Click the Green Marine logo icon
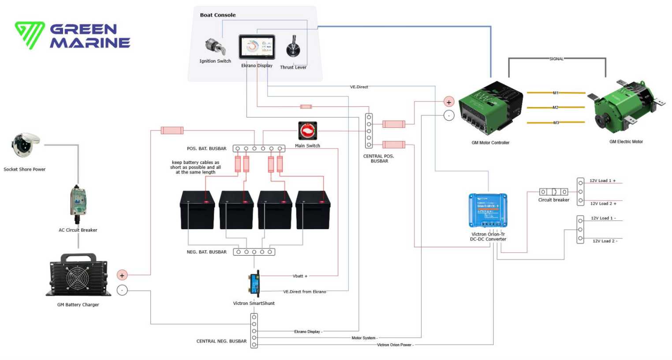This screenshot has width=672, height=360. pos(30,35)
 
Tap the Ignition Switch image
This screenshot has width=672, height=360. pos(215,46)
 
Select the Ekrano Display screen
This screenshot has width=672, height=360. pos(257,47)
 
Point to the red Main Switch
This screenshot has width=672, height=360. pos(307,131)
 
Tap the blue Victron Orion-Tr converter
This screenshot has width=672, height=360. pos(488,210)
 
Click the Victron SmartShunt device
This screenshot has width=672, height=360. pos(254,284)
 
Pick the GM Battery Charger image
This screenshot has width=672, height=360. pos(78,275)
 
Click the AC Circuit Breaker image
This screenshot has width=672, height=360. pos(78,204)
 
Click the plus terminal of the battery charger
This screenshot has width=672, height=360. pos(122,275)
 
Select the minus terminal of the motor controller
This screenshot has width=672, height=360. pos(449,115)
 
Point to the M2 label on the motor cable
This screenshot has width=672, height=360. pos(556,108)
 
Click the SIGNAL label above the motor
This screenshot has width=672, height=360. pos(556,59)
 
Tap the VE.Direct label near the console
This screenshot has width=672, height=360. pos(359,87)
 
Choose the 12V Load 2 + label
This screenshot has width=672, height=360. pos(603,204)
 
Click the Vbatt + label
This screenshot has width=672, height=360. pos(300,276)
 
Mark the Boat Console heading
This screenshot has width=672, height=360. pos(218,15)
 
